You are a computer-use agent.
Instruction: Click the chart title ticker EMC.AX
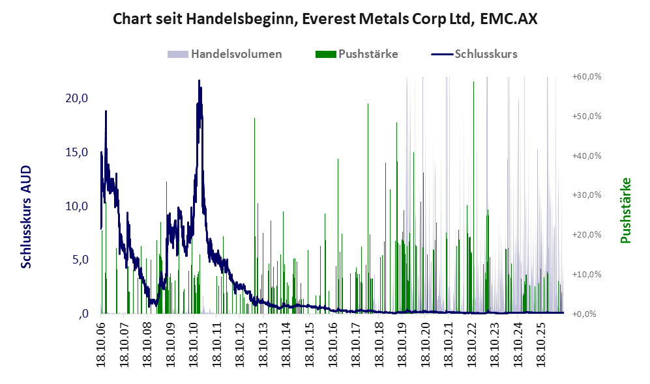509,19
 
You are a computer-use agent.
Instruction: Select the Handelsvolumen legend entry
224,54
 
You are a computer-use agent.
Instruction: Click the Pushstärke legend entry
357,54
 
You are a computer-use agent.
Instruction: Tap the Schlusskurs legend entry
474,54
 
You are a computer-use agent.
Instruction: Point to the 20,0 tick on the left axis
77,98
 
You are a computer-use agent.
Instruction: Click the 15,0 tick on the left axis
77,152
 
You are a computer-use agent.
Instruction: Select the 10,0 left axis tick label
77,206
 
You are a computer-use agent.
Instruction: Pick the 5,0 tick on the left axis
80,260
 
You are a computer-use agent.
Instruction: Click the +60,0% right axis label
587,77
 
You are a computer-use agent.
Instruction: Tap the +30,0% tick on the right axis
587,195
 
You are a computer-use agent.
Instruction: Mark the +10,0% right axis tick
587,275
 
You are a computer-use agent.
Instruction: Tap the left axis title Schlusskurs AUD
26,217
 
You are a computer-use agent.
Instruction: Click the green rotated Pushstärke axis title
625,211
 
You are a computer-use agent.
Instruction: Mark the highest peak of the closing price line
199,81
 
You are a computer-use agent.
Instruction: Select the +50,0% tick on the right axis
587,116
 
